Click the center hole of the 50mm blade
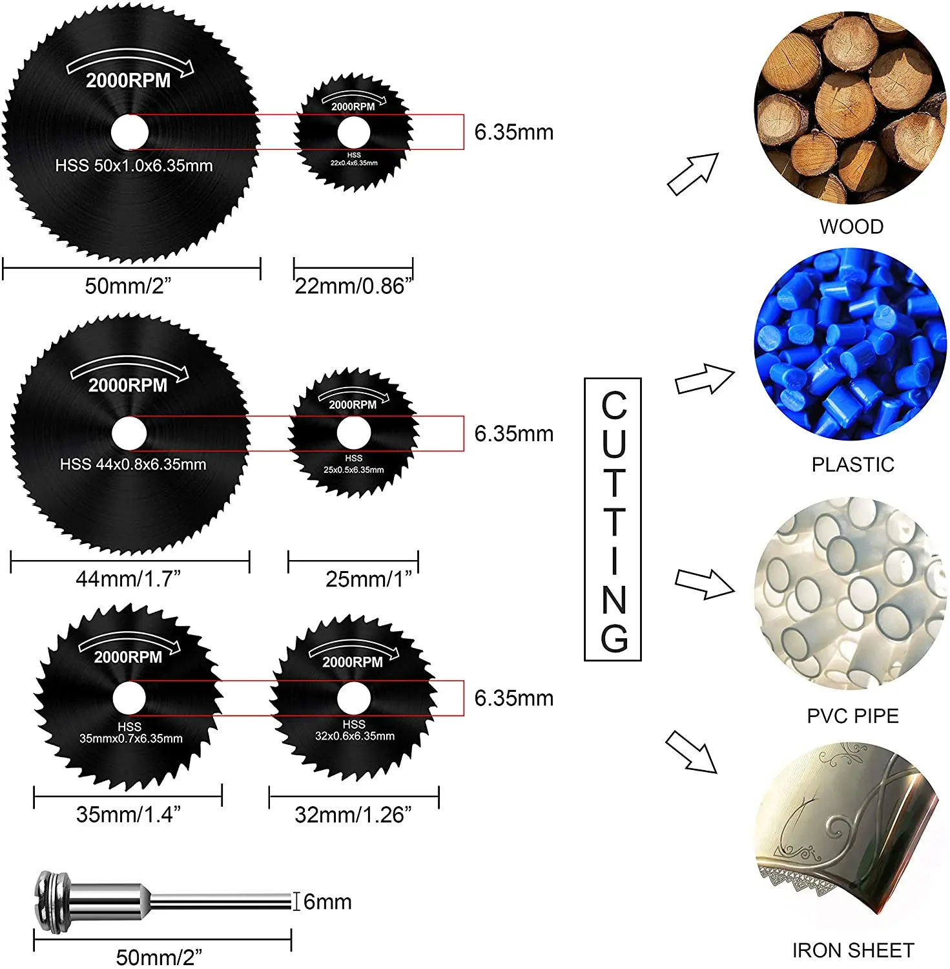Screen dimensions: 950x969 click(130, 132)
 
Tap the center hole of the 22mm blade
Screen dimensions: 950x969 click(354, 133)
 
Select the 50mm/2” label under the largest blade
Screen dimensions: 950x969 click(128, 286)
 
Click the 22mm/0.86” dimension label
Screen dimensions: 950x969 click(353, 286)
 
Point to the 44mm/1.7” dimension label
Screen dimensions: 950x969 click(128, 578)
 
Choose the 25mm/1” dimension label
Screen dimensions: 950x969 click(368, 579)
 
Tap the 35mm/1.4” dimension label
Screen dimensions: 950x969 click(128, 814)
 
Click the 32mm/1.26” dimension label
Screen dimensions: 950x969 click(353, 815)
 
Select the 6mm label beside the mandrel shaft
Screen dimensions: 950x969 click(327, 901)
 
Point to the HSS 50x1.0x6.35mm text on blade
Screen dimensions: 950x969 click(134, 165)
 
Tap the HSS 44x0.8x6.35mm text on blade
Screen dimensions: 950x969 click(133, 464)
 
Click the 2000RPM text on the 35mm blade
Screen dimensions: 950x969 click(128, 657)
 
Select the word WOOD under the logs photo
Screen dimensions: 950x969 click(851, 227)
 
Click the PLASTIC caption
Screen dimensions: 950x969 click(852, 464)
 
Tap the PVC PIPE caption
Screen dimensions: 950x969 click(852, 716)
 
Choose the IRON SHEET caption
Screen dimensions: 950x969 click(852, 950)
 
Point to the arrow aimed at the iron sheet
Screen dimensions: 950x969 click(692, 752)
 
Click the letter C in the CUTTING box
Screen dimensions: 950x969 click(614, 406)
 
